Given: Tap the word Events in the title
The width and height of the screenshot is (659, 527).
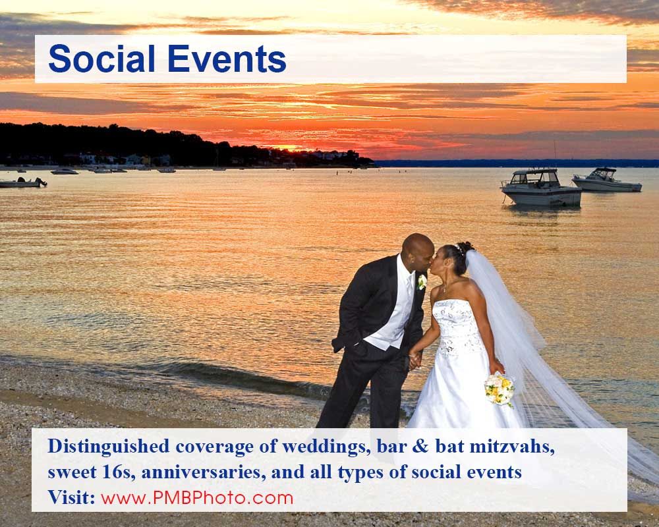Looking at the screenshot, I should pyautogui.click(x=227, y=59).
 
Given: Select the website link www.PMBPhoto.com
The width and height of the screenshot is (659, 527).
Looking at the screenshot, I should pyautogui.click(x=197, y=497).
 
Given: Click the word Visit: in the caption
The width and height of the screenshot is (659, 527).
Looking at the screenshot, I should pyautogui.click(x=72, y=497).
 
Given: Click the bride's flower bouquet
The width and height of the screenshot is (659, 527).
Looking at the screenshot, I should pyautogui.click(x=499, y=389).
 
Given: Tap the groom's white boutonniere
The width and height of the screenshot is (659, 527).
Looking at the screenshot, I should pyautogui.click(x=422, y=282).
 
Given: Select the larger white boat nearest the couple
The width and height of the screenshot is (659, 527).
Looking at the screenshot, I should pyautogui.click(x=540, y=189).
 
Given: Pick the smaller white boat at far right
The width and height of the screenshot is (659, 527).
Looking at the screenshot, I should pyautogui.click(x=606, y=180).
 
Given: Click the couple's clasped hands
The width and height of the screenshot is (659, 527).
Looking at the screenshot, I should pyautogui.click(x=415, y=358).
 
